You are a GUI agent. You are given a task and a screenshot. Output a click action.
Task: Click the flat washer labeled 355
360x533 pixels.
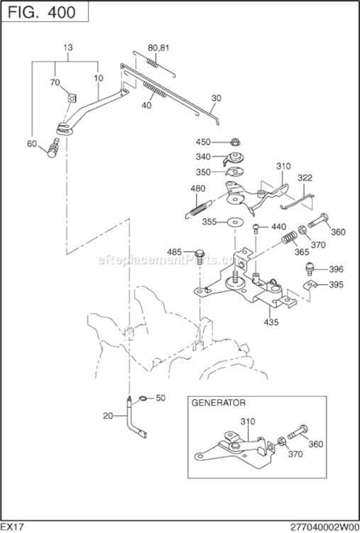pos(233,222)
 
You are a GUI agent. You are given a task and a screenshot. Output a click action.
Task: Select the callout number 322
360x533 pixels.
pos(305,177)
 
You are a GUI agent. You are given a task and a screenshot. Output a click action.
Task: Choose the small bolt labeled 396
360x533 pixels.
pos(310,269)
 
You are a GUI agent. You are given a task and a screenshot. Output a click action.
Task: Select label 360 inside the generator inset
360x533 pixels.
pos(316,444)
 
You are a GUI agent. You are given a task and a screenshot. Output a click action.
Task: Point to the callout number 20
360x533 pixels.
pos(107,416)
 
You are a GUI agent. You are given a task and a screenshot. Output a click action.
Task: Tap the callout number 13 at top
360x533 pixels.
pos(68,48)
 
